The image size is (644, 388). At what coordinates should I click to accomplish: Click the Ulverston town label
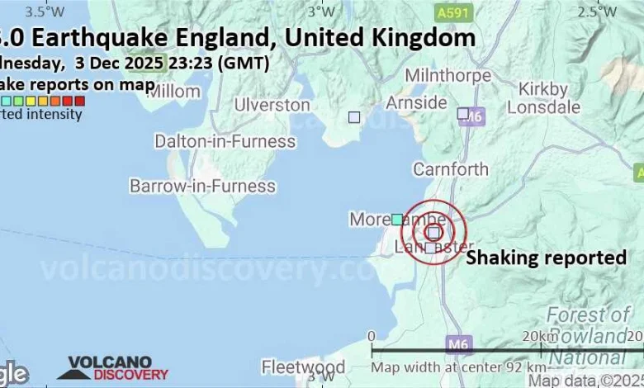click(272, 105)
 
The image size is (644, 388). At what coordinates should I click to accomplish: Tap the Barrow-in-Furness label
click(202, 186)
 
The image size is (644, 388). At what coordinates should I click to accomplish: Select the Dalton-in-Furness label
click(225, 141)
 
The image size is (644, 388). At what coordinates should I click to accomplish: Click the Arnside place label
click(417, 102)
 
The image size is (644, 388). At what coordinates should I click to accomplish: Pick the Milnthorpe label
click(448, 75)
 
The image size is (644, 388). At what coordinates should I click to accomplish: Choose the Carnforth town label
click(451, 169)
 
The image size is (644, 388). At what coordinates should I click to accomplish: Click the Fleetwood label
click(303, 366)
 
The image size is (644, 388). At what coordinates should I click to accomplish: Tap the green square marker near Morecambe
click(397, 219)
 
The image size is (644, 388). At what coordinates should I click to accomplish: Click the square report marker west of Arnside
click(354, 117)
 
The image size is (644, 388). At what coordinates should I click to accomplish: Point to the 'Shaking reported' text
click(547, 258)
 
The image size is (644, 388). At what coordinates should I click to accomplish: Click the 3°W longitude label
click(321, 12)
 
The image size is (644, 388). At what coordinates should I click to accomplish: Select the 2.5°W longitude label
click(597, 12)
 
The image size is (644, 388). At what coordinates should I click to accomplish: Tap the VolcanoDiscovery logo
click(104, 368)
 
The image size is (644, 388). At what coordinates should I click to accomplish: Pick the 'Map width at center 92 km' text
click(458, 367)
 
